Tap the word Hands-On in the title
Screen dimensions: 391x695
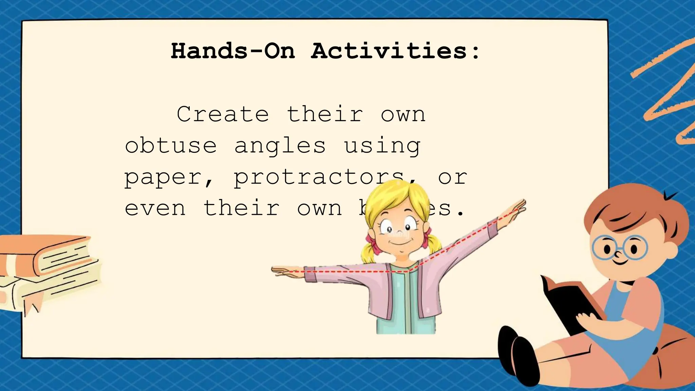pos(233,51)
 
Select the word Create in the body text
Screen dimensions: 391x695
pos(223,114)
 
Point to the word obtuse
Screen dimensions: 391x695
pos(171,146)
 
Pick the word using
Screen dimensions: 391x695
pos(382,146)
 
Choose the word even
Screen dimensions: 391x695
pos(155,208)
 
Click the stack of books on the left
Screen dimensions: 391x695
pos(48,268)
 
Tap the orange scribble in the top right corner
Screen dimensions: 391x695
pos(665,92)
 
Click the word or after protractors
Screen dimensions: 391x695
pos(452,178)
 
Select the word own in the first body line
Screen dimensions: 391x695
pos(403,114)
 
